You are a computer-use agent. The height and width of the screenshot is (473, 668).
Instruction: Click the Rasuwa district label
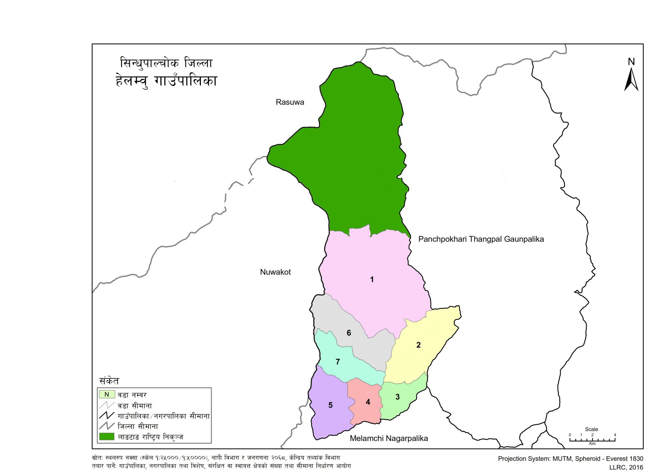(x=290, y=102)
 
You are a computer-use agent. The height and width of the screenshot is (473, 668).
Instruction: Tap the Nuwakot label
(x=275, y=272)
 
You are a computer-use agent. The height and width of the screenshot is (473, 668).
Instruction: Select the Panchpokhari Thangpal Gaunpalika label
(x=481, y=239)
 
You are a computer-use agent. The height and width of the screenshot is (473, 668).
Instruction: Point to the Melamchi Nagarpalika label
(x=389, y=438)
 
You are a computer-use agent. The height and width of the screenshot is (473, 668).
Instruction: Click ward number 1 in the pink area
(x=372, y=280)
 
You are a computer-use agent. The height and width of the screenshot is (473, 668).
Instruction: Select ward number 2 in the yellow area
(x=418, y=345)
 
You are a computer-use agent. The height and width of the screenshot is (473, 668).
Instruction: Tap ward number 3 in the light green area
(x=397, y=397)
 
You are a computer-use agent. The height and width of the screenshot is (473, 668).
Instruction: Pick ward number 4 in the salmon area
(x=368, y=402)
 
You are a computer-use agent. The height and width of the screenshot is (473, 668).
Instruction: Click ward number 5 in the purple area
(x=330, y=405)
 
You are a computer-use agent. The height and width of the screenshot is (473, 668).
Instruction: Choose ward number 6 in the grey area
(x=349, y=333)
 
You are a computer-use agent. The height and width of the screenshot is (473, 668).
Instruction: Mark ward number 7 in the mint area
(x=338, y=362)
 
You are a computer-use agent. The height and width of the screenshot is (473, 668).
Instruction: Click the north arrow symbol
(x=631, y=80)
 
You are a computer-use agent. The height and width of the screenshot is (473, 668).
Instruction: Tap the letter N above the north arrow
(x=631, y=62)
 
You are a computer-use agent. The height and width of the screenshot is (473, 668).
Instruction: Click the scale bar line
(x=592, y=440)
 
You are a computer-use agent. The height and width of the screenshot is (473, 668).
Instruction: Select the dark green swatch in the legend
(x=107, y=436)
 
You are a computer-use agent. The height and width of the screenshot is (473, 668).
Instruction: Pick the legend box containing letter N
(x=107, y=395)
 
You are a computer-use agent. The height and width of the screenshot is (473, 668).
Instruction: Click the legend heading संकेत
(x=109, y=381)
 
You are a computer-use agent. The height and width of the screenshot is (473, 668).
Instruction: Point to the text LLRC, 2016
(x=626, y=467)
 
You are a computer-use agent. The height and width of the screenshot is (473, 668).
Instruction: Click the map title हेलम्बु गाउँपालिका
(x=166, y=81)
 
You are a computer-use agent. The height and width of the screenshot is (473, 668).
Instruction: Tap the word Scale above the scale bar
(x=591, y=429)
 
